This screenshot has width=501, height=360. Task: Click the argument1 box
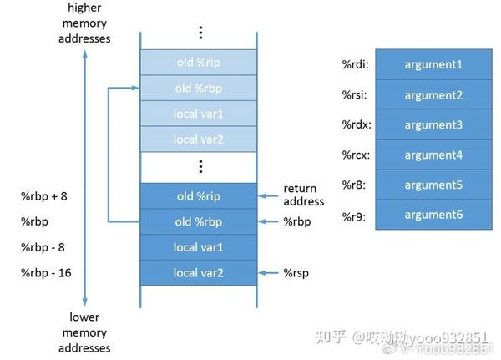point(433,64)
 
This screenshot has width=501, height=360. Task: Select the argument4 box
point(433,155)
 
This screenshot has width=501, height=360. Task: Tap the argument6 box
point(433,215)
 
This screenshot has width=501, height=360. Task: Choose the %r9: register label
point(354,215)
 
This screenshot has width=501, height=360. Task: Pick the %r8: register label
point(354,185)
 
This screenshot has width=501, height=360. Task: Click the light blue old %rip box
point(197,62)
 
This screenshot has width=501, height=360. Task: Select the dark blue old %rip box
point(197,196)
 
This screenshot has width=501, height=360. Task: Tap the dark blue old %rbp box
point(197,221)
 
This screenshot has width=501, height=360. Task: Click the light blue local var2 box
point(197,139)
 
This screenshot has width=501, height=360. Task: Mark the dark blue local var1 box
point(197,247)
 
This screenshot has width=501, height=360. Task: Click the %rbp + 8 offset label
point(44,196)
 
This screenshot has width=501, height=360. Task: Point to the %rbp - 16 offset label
point(46,272)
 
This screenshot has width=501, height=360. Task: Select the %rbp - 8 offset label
point(43,247)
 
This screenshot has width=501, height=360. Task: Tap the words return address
point(303,195)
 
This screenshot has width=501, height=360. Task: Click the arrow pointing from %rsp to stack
point(269,272)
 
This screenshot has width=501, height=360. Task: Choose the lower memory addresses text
point(84,332)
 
